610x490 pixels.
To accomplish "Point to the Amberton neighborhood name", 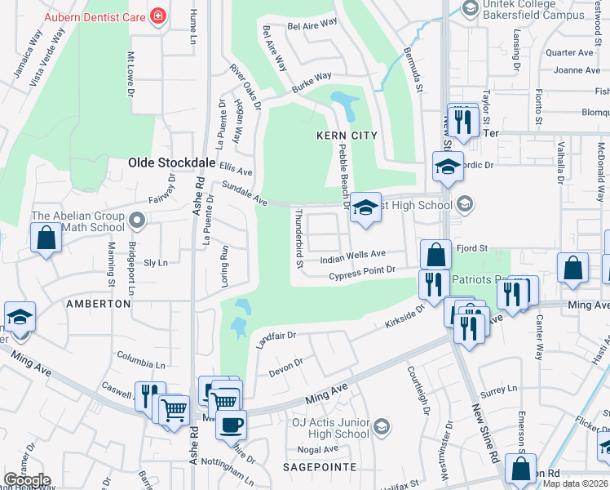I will [98, 303].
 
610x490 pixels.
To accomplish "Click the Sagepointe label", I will [320, 466].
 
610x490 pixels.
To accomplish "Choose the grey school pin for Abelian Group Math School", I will [137, 220].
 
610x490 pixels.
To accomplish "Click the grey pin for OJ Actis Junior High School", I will [382, 426].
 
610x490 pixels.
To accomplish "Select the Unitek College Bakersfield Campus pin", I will [470, 8].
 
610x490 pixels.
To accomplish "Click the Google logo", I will [28, 480].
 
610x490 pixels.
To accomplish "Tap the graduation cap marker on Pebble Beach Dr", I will [366, 208].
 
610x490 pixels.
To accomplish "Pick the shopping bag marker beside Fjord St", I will [436, 254].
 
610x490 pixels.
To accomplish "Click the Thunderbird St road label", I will [298, 238].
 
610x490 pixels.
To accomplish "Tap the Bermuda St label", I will [413, 68].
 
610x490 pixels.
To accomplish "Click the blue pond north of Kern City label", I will [345, 105].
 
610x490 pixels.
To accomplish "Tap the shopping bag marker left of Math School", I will [46, 238].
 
